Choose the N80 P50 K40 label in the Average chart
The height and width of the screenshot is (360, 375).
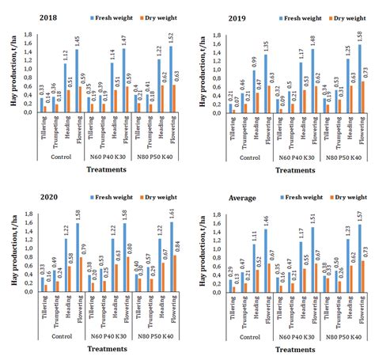(342, 333)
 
